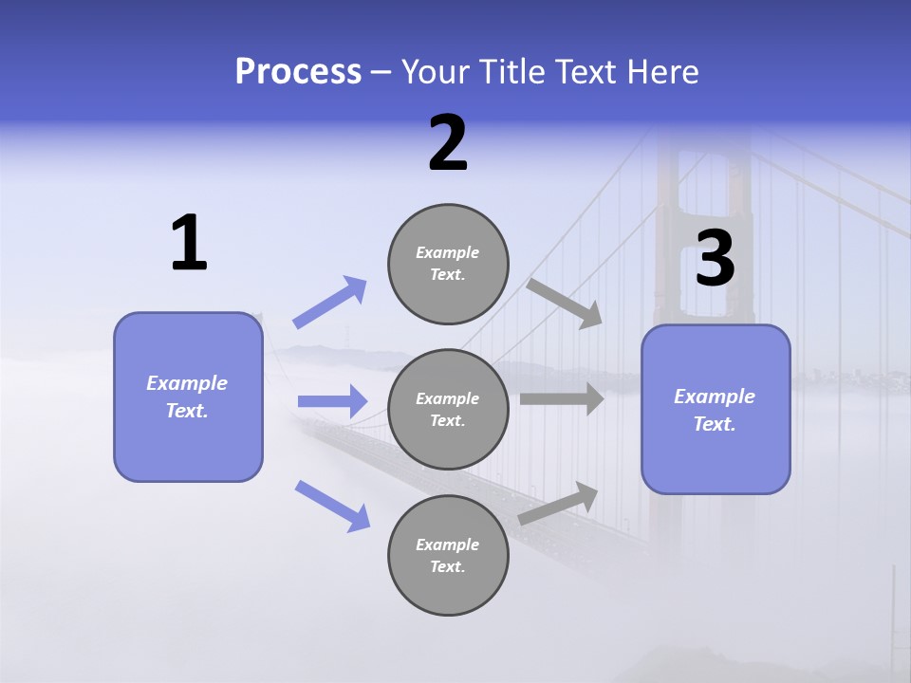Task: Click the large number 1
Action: pyautogui.click(x=189, y=244)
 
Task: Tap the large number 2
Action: pyautogui.click(x=448, y=144)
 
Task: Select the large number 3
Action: pyautogui.click(x=715, y=260)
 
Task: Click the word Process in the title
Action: pyautogui.click(x=298, y=72)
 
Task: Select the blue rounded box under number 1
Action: pyautogui.click(x=188, y=397)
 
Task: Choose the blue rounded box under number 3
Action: pyautogui.click(x=716, y=409)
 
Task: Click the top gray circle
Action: pyautogui.click(x=448, y=264)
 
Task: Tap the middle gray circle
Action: pyautogui.click(x=448, y=409)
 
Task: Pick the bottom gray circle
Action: pyautogui.click(x=448, y=555)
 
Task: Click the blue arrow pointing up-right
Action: pyautogui.click(x=330, y=302)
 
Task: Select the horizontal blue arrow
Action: pyautogui.click(x=332, y=401)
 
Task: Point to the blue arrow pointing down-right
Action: pyautogui.click(x=333, y=506)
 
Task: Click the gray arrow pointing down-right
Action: pyautogui.click(x=565, y=303)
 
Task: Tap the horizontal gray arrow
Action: pyautogui.click(x=562, y=398)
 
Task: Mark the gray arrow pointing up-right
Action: pyautogui.click(x=558, y=503)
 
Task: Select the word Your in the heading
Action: pyautogui.click(x=433, y=72)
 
